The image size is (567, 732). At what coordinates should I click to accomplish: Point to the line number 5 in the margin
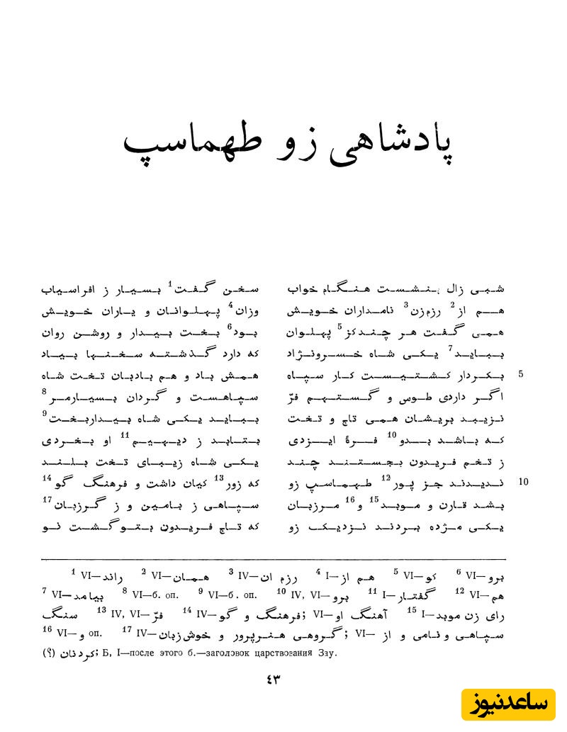[521, 373]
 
